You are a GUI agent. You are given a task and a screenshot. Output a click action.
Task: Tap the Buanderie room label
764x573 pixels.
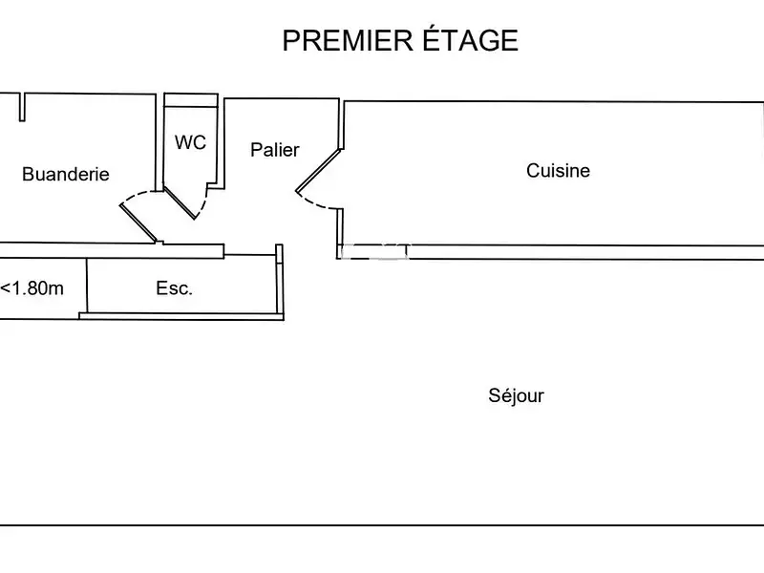click(x=65, y=174)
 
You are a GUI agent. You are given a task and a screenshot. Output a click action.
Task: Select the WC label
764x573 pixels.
click(x=190, y=142)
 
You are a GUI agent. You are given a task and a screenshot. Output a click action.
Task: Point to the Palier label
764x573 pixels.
click(x=275, y=150)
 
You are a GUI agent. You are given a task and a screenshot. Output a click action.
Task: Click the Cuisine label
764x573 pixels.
click(x=559, y=171)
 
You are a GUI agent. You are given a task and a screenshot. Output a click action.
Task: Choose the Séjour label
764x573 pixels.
click(x=516, y=395)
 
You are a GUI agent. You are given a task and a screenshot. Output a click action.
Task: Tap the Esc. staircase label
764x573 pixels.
click(x=175, y=288)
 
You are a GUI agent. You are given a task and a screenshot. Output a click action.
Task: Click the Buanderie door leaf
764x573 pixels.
click(x=138, y=223)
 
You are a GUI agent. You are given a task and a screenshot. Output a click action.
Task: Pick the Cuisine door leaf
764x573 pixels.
click(x=319, y=169)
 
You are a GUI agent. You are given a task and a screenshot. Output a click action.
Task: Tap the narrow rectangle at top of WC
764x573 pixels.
click(x=191, y=99)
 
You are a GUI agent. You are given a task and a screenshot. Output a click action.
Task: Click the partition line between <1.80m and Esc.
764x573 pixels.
click(x=87, y=285)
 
